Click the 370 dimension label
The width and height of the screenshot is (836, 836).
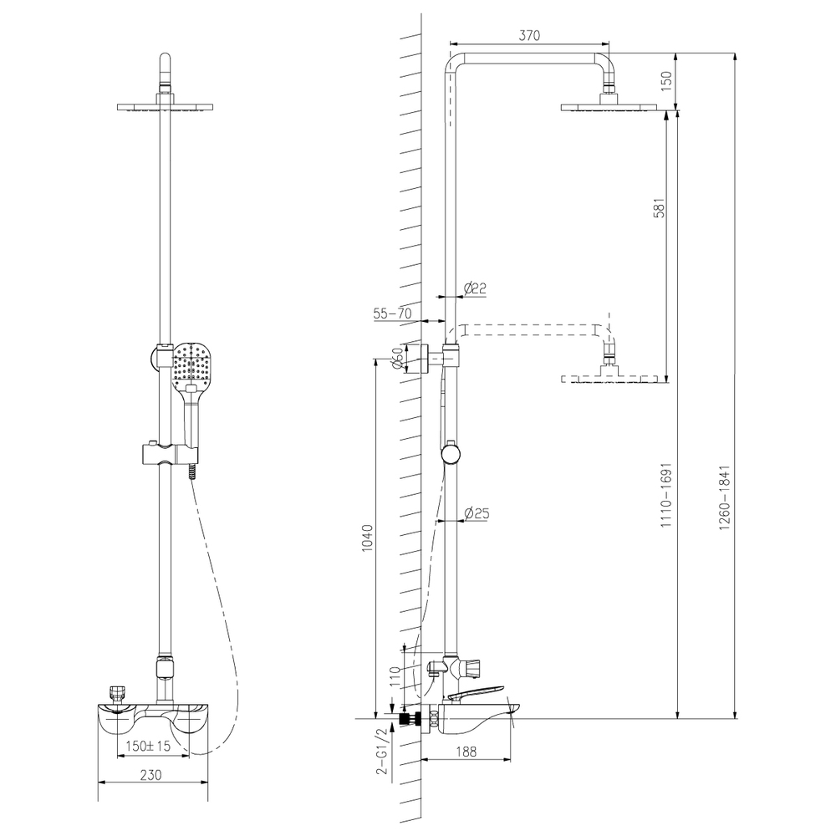click(529, 35)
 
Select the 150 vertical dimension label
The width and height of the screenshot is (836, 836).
click(666, 81)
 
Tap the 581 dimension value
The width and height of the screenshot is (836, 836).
click(660, 208)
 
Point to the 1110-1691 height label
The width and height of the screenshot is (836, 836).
click(666, 495)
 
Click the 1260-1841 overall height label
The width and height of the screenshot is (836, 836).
click(724, 498)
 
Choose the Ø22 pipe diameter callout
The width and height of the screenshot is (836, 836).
click(475, 288)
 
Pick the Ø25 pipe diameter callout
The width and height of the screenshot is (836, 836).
click(477, 513)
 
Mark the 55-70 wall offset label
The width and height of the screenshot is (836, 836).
click(392, 313)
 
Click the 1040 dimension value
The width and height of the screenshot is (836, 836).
click(367, 538)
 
